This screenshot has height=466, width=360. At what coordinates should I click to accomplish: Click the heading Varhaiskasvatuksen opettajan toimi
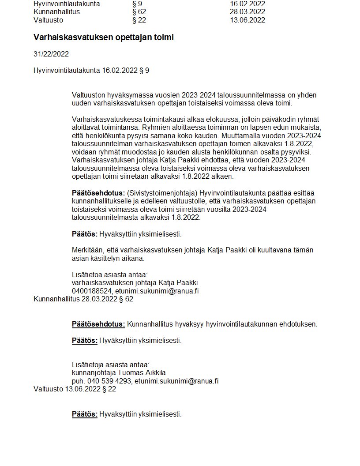[x=103, y=38]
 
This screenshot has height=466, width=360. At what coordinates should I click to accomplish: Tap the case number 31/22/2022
[x=51, y=54]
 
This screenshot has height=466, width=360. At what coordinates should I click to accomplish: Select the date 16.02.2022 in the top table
[x=247, y=4]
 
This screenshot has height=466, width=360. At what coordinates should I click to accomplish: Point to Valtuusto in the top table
[x=48, y=20]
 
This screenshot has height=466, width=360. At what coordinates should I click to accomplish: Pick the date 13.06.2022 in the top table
[x=247, y=20]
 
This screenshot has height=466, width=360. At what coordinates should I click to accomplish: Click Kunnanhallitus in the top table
[x=56, y=12]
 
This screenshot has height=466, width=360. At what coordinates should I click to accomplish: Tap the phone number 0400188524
[x=92, y=291]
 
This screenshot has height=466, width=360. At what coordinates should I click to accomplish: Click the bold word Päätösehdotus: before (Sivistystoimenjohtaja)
[x=98, y=193]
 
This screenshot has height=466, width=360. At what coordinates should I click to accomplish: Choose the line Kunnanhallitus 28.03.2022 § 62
[x=83, y=299]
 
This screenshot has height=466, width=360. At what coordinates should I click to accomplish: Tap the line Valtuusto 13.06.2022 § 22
[x=75, y=389]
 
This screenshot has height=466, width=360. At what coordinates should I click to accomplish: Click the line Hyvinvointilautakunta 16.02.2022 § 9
[x=91, y=70]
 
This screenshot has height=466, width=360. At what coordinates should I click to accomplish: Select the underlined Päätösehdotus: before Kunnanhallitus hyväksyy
[x=98, y=324]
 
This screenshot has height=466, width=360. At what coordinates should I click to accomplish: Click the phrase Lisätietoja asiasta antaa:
[x=111, y=365]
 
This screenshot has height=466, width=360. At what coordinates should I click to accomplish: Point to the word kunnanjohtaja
[x=91, y=373]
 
